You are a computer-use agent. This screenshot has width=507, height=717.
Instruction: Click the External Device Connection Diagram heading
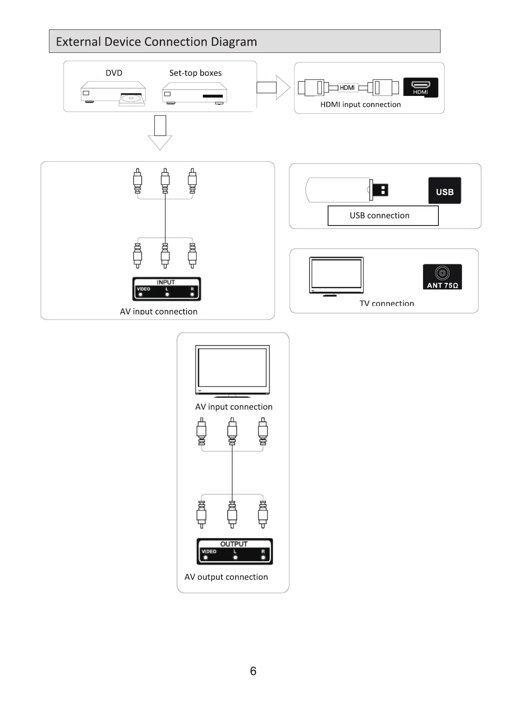tap(156, 42)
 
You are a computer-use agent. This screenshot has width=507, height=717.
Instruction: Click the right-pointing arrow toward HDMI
tap(273, 87)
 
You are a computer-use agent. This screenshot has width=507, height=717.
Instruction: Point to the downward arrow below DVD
tap(160, 133)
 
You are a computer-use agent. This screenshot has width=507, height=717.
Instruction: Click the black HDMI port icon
tap(421, 87)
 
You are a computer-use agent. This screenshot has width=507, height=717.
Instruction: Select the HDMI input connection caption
tap(360, 104)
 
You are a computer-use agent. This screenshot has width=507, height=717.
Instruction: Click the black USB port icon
tap(444, 191)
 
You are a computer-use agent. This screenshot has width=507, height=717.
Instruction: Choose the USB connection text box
tap(383, 216)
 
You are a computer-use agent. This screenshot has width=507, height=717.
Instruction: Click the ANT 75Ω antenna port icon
tap(442, 277)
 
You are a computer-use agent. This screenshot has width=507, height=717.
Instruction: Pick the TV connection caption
tap(386, 304)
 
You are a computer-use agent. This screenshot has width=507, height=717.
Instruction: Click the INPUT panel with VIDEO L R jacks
tap(166, 289)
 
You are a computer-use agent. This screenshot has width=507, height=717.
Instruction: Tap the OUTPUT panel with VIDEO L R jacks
tap(234, 551)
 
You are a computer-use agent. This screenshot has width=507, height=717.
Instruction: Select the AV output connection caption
tap(226, 577)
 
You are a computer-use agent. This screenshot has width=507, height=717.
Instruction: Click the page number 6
tap(253, 671)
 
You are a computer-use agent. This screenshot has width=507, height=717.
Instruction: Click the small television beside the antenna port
tap(336, 276)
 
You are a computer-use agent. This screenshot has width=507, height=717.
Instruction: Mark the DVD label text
tap(114, 73)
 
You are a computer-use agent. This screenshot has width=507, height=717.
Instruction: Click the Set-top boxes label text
tap(195, 73)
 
